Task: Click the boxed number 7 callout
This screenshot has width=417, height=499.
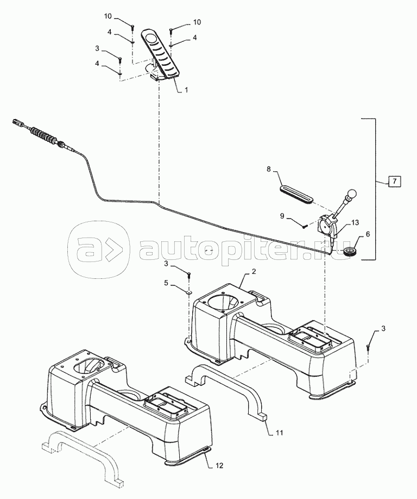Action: pos(394,182)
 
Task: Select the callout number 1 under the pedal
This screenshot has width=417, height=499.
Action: pos(186,90)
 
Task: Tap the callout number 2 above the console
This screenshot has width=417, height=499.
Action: pos(254,271)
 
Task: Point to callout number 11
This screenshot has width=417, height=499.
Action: pos(279,433)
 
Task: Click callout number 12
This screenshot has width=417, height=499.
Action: pos(219,466)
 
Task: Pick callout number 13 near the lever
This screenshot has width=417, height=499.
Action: pos(355,222)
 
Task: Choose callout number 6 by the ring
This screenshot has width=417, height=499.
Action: pos(368,234)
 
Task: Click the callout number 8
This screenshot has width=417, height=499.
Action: pos(269,169)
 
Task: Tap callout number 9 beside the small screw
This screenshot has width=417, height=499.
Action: pos(282,216)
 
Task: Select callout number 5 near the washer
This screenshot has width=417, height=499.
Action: pos(166,282)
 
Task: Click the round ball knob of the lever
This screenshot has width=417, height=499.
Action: pos(351,194)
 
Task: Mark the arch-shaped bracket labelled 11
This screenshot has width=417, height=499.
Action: pos(228,392)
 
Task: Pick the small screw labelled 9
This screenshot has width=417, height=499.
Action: pos(305,227)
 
